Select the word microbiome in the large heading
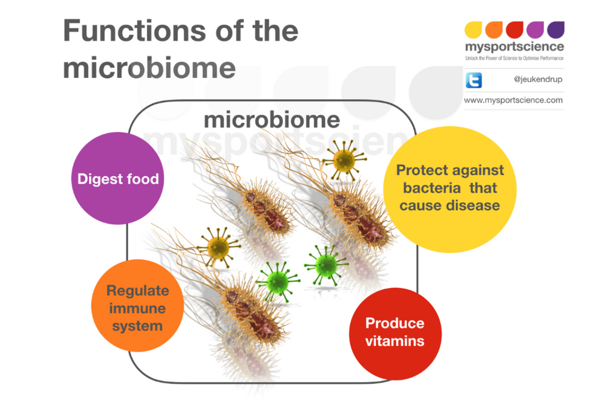pyautogui.click(x=149, y=68)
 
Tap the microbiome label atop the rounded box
pyautogui.click(x=272, y=120)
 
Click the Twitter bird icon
pyautogui.click(x=474, y=80)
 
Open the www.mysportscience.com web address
pyautogui.click(x=514, y=100)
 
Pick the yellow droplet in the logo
pyautogui.click(x=473, y=30)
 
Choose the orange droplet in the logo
pyautogui.click(x=494, y=30)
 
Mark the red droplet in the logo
pyautogui.click(x=514, y=30)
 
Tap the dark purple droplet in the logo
pyautogui.click(x=555, y=30)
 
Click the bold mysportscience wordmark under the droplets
pyautogui.click(x=514, y=47)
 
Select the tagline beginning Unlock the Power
pyautogui.click(x=514, y=58)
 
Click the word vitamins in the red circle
pyautogui.click(x=395, y=341)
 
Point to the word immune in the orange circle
pyautogui.click(x=138, y=308)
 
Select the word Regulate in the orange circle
pyautogui.click(x=137, y=291)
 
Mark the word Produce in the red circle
pyautogui.click(x=394, y=323)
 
